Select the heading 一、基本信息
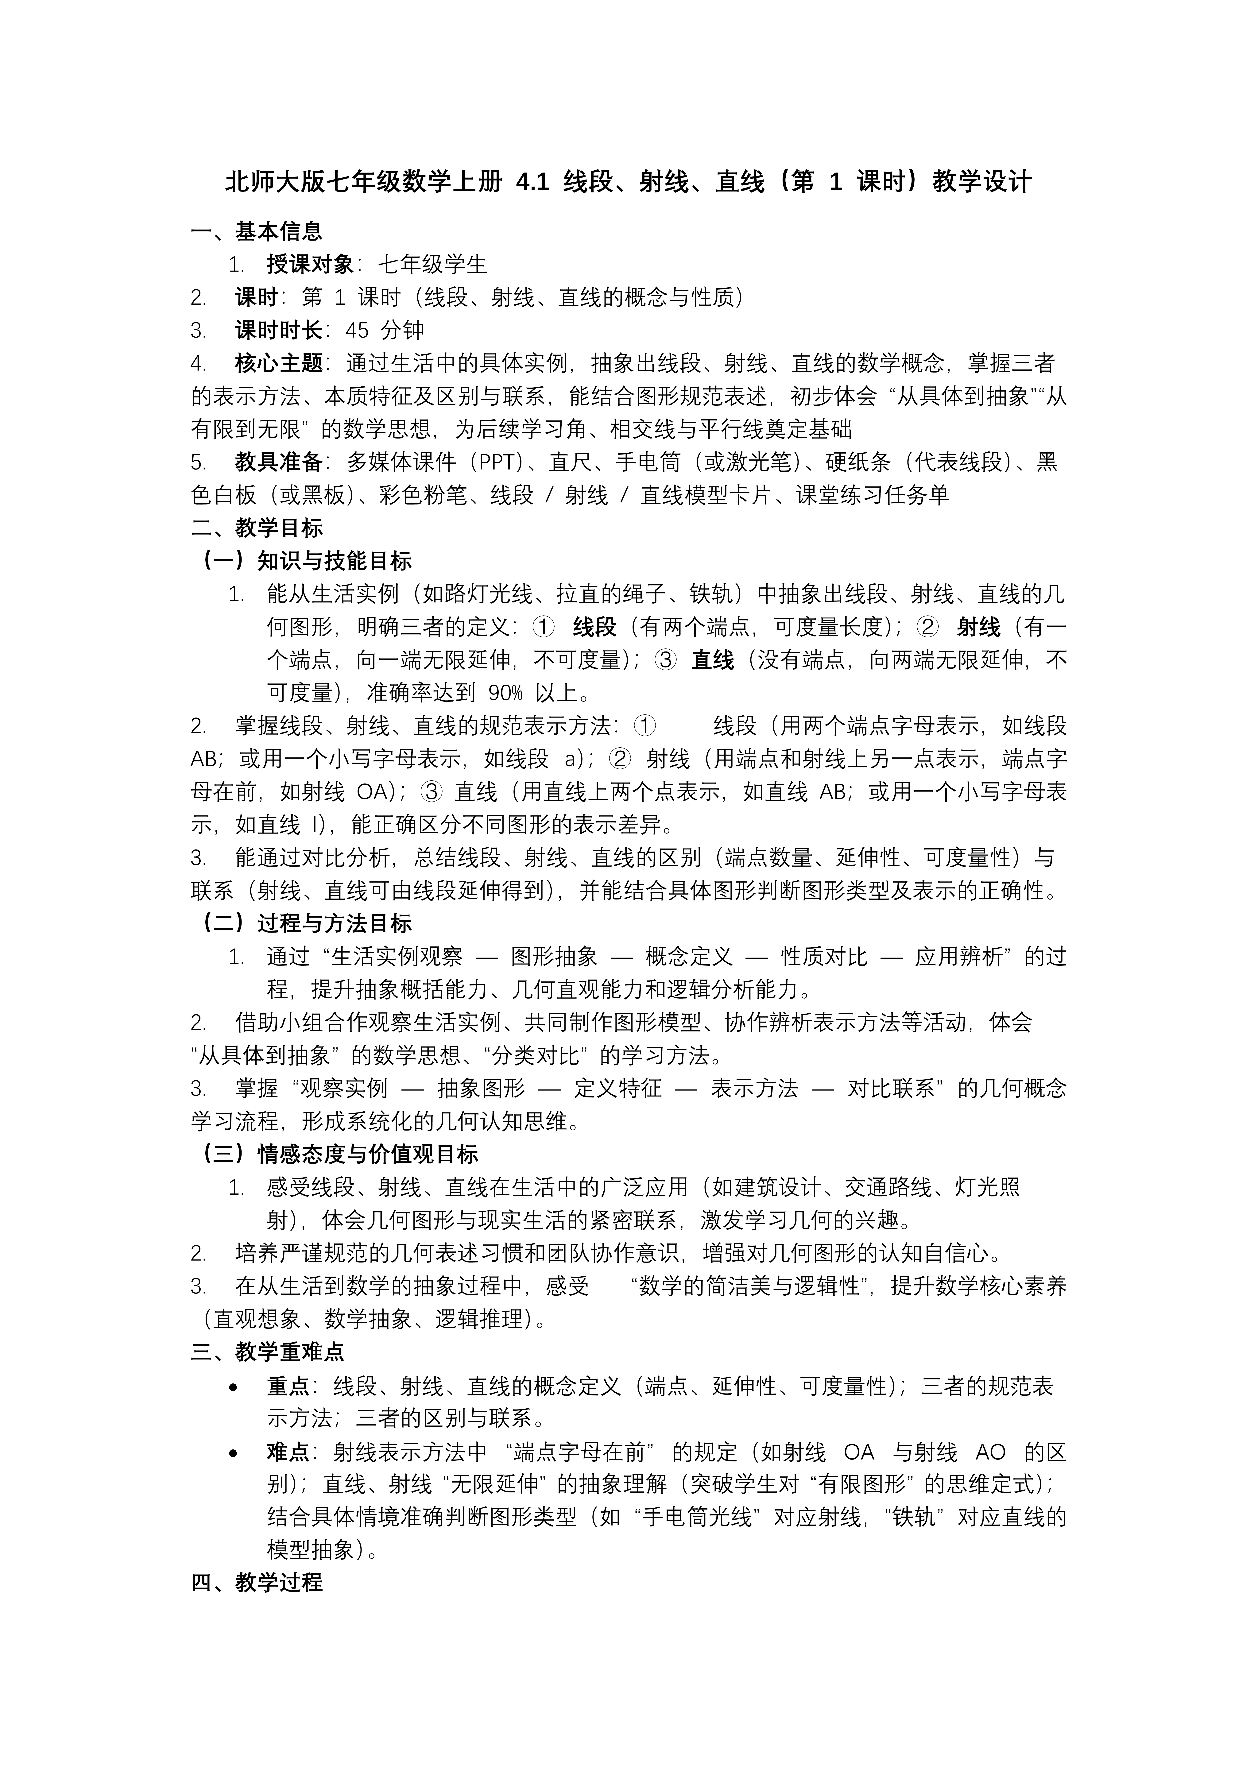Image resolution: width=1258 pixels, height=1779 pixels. (256, 231)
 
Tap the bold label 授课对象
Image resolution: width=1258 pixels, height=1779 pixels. (310, 264)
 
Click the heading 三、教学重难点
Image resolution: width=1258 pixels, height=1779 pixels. (267, 1352)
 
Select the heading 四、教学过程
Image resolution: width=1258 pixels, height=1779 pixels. (256, 1583)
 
